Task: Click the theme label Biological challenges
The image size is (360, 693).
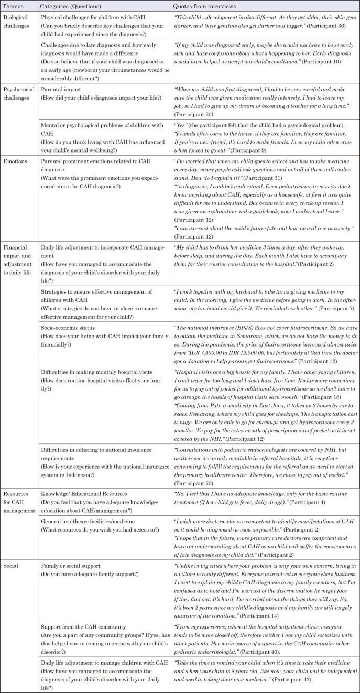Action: pyautogui.click(x=18, y=19)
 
